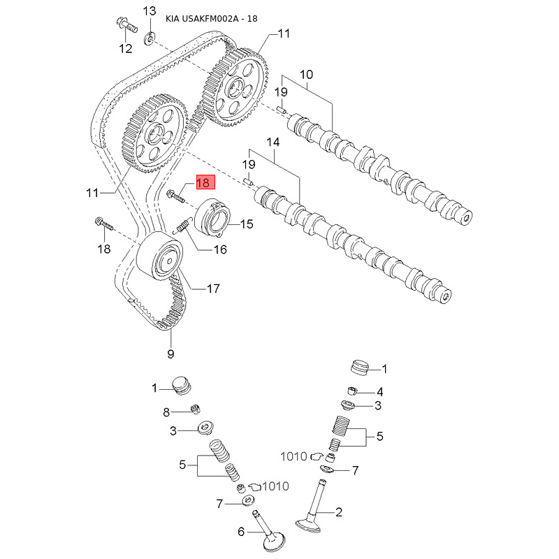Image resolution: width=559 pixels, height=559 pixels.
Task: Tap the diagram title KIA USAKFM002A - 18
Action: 211,18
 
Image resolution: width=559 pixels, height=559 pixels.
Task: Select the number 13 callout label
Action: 150,10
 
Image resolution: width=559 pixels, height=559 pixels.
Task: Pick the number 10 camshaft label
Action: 307,75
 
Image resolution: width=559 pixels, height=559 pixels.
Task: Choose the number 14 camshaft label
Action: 273,142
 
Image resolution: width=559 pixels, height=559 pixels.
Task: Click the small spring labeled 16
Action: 183,227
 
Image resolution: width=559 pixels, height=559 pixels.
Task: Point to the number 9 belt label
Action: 170,354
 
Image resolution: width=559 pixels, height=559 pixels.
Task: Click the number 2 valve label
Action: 339,512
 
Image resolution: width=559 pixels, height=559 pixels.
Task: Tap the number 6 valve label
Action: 241,532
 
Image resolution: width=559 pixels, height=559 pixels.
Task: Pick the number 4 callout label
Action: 379,391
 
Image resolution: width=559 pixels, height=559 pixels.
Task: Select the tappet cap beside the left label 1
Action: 181,386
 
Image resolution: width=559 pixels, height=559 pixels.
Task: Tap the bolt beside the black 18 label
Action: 103,225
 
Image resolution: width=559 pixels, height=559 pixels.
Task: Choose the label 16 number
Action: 220,249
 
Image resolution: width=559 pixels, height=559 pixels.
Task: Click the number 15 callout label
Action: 246,224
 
